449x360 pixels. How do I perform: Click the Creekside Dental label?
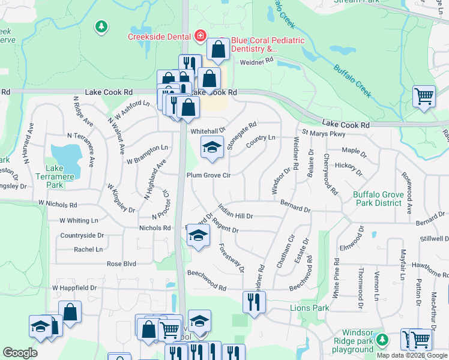tap(159, 36)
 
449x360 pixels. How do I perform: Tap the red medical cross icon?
tap(199, 36)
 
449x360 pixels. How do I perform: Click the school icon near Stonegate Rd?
tap(211, 148)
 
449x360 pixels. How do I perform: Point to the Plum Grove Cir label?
tap(208, 175)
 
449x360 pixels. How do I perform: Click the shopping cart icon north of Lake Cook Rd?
tap(424, 96)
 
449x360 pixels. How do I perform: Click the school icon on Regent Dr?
tap(197, 236)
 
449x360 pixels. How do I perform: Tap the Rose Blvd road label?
tap(121, 263)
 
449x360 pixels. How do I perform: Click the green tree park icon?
tap(101, 26)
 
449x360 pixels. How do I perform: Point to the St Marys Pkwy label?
tap(324, 133)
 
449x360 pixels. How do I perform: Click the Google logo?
tap(20, 353)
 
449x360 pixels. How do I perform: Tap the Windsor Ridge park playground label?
tap(366, 341)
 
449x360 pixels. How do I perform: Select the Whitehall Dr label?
tap(208, 131)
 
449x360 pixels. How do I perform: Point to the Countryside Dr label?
tap(82, 236)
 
